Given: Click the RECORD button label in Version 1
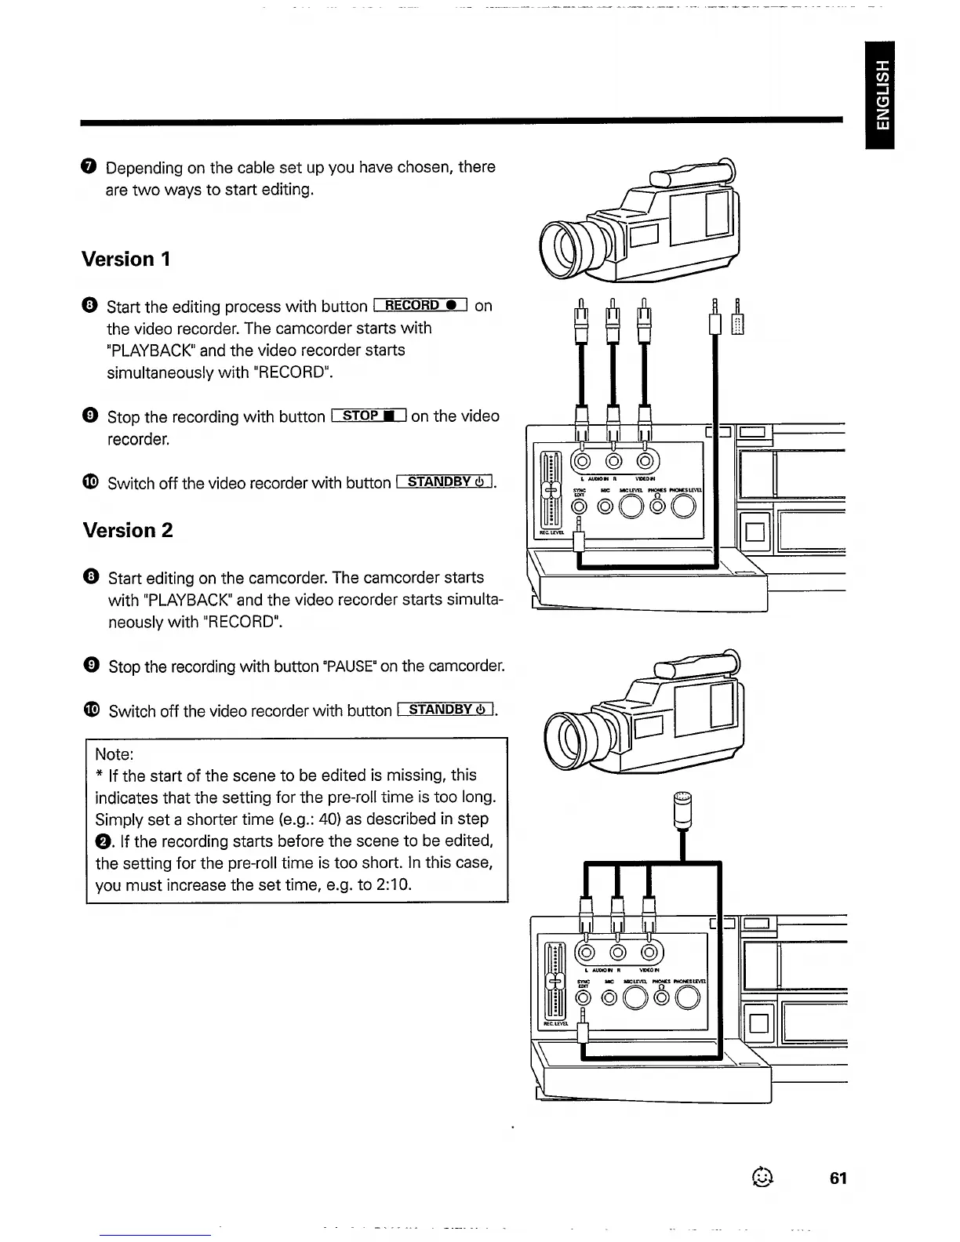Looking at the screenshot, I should click(421, 305).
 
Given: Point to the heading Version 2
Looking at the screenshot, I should click(127, 530).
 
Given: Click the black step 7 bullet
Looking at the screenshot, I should click(89, 167).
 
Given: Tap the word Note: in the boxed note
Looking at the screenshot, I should click(115, 754).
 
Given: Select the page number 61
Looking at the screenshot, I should click(838, 1178).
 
